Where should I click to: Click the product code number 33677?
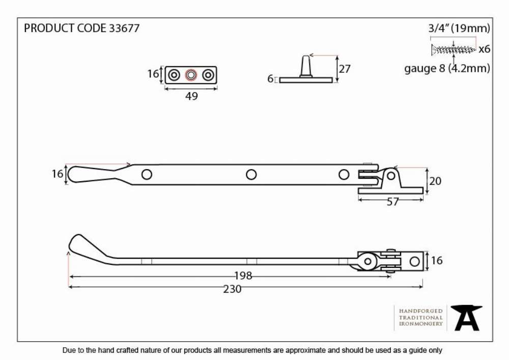coord(124,28)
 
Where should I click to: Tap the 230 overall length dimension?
coord(232,289)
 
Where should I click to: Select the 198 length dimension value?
coord(243,275)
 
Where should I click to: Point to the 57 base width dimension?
coord(392,202)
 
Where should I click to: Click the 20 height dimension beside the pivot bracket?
coord(435,181)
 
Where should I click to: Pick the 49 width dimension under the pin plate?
coord(191,96)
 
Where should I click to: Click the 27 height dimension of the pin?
coord(345,69)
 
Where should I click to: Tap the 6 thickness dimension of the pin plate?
coord(270,78)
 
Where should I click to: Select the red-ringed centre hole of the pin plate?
coord(191,75)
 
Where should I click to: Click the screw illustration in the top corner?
coord(454,50)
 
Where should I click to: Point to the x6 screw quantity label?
coord(485,49)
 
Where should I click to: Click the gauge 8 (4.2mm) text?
coord(447,69)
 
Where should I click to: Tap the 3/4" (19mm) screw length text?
coord(459,28)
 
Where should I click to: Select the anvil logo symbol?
coord(467,318)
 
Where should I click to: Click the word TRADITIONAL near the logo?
coord(421,317)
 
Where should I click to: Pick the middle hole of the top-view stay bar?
coord(251,175)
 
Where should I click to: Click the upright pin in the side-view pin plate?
coord(305,67)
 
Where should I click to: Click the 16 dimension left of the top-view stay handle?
coord(58,174)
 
